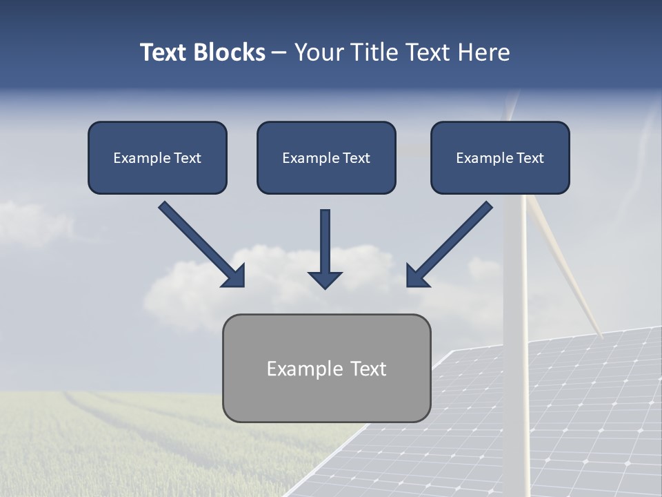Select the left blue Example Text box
coord(157,157)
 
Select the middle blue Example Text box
coord(326,157)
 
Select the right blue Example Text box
coord(500,157)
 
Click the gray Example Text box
coord(326,368)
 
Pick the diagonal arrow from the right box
coord(452,242)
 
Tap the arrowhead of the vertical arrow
coord(325,279)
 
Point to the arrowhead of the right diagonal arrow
coord(417,276)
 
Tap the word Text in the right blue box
coord(530,158)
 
